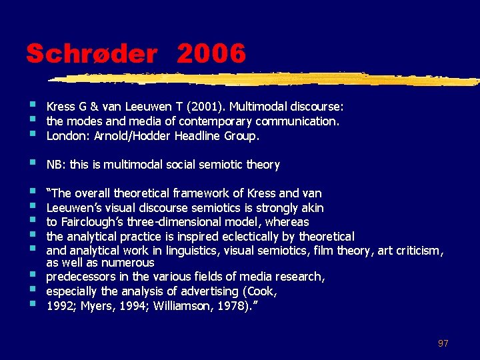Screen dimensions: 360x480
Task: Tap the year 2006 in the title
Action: pyautogui.click(x=211, y=53)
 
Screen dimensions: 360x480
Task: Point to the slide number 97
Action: pyautogui.click(x=443, y=343)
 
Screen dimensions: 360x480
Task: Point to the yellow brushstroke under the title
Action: pyautogui.click(x=267, y=79)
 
